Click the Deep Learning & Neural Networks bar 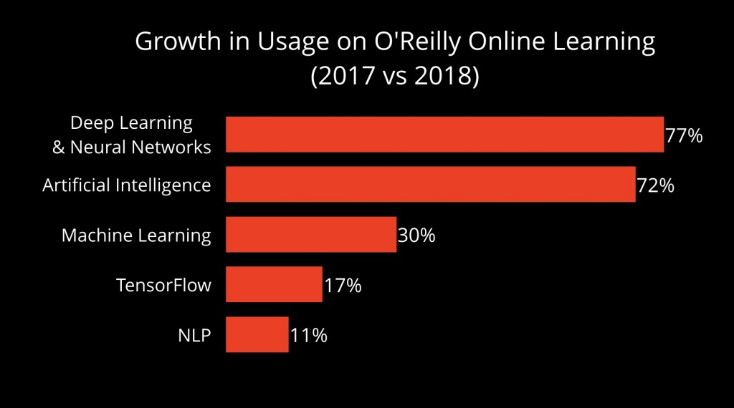444,135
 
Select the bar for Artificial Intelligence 430,185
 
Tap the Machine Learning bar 311,235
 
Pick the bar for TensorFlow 274,285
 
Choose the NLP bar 257,335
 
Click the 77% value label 684,135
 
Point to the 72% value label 655,185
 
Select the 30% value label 416,235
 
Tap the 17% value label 343,286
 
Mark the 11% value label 309,336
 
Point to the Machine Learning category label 136,235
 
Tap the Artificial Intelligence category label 127,185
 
